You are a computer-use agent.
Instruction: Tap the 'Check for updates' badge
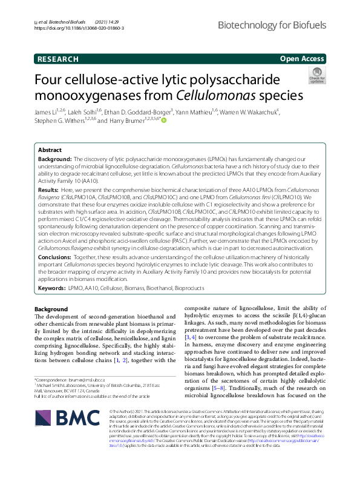316,75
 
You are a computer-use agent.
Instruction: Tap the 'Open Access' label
303,59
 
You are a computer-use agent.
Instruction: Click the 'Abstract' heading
50,150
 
